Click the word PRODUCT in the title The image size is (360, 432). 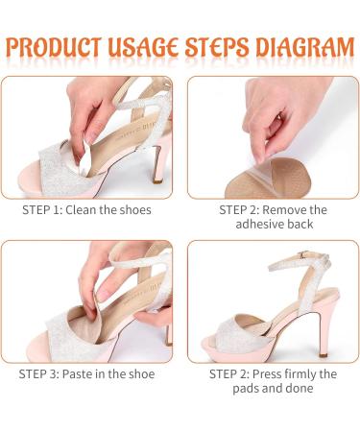point(54,47)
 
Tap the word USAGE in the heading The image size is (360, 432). point(143,47)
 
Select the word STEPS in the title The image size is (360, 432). point(217,47)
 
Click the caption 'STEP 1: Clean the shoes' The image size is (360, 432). point(86,210)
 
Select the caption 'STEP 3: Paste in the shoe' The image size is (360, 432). point(86,373)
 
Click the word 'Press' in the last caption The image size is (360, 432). point(267,373)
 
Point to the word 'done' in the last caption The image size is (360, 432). point(299,388)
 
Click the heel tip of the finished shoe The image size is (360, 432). point(324,354)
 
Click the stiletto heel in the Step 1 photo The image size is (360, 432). point(158,165)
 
